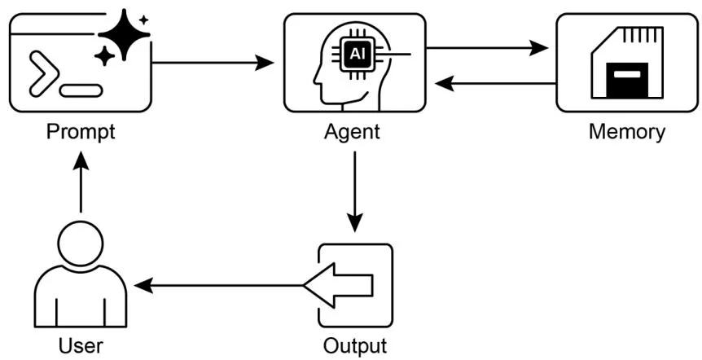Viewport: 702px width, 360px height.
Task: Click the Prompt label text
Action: coord(81,131)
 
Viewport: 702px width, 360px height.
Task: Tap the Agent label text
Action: coord(353,131)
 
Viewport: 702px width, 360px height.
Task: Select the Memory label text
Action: coord(626,131)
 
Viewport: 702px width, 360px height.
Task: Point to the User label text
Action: coord(81,346)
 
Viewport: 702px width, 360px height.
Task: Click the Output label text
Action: coord(355,346)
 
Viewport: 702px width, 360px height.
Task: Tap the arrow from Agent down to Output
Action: coord(354,191)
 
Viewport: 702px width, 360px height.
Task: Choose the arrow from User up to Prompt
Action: coord(81,184)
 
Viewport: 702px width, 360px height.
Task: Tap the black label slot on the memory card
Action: coord(627,82)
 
